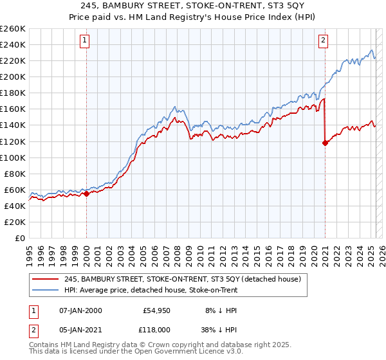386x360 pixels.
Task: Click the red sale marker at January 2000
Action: point(86,194)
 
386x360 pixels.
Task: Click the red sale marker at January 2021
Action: point(325,143)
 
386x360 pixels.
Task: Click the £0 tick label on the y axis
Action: point(21,238)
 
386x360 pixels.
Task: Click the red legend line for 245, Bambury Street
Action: point(46,278)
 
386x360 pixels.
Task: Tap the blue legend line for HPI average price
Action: point(46,289)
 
